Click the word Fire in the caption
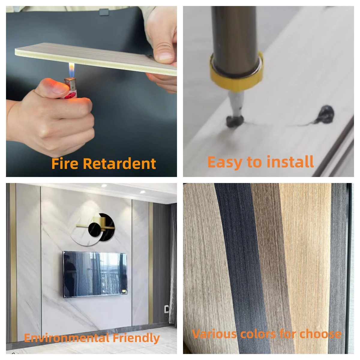pos(65,164)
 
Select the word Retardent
pos(119,164)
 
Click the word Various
pos(214,334)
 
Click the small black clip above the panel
pos(104,12)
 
